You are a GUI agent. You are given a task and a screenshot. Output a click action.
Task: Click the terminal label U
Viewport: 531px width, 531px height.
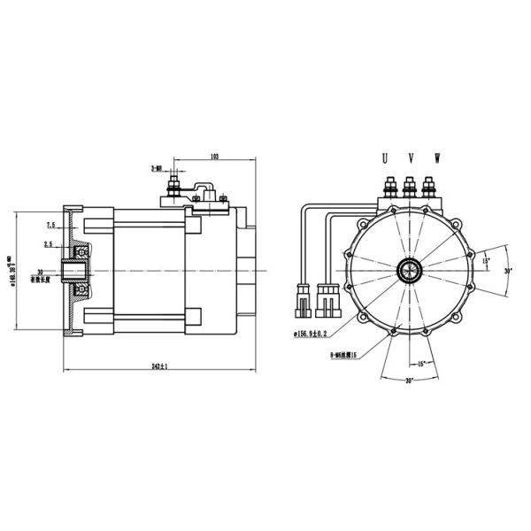tap(384, 158)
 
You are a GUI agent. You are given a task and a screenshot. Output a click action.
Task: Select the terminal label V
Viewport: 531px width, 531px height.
tap(411, 158)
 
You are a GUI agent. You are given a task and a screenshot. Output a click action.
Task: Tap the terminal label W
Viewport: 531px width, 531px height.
tap(436, 158)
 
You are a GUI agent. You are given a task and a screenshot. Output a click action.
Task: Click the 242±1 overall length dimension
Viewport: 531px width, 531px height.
tap(158, 366)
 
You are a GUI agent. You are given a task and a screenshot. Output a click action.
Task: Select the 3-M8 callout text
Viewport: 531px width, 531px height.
tap(156, 165)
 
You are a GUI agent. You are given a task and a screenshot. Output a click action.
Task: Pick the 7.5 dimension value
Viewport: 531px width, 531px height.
tap(50, 225)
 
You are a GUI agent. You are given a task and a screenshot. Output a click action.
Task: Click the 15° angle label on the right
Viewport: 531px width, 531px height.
tap(485, 261)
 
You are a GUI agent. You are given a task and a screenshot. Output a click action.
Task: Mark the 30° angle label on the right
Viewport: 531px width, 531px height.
tap(508, 271)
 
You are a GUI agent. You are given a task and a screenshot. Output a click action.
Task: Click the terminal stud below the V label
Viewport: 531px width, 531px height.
tap(410, 188)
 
